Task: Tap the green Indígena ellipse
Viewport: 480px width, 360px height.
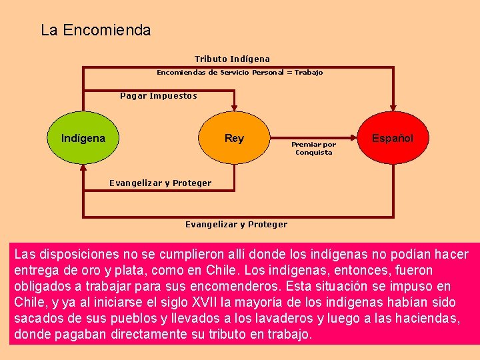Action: [83, 139]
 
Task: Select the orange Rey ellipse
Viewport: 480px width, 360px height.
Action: [234, 139]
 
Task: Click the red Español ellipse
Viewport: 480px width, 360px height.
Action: [392, 138]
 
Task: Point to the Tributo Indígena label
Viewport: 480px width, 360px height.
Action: [232, 59]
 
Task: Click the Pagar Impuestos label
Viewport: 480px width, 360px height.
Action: [159, 95]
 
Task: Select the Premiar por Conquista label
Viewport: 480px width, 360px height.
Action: [313, 148]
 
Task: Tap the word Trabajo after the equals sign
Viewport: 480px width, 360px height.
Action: [308, 72]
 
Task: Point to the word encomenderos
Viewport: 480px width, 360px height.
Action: [230, 286]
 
